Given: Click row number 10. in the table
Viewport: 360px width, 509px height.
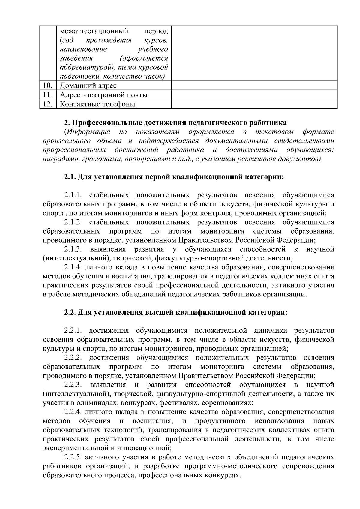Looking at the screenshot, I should click(48, 85).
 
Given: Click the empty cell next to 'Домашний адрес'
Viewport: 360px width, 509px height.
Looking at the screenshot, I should click(254, 85).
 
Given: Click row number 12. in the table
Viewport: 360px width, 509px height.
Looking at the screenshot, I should click(48, 104).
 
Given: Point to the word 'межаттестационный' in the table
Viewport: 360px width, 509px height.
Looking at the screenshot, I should click(94, 31).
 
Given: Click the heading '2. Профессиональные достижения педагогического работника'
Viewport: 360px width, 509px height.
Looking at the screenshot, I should click(175, 123).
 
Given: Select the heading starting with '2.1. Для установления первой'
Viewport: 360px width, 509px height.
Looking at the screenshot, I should click(174, 177).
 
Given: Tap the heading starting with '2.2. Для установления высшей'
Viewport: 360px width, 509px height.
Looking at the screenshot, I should click(176, 313).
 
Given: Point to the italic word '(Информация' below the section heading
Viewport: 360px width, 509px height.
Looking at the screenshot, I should click(87, 132).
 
